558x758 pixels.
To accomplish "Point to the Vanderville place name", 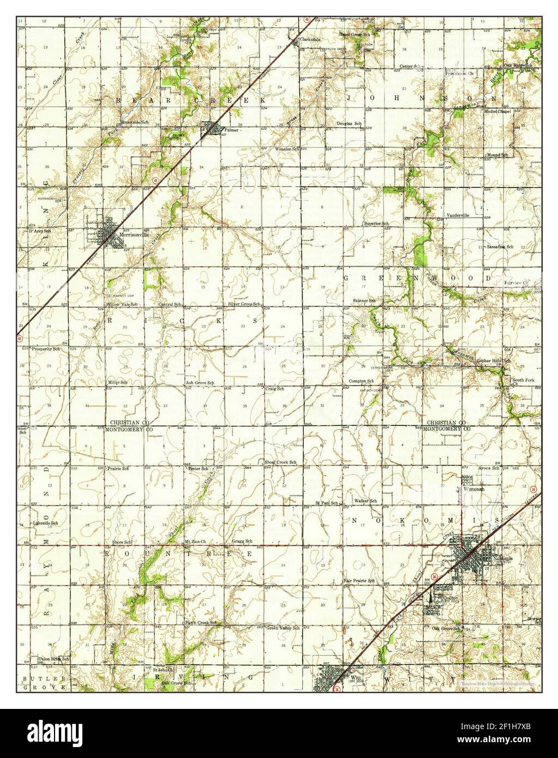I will (458, 215).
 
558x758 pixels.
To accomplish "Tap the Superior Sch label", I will (376, 224).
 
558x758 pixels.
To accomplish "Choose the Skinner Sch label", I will (365, 300).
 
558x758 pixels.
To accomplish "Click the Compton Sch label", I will (361, 381).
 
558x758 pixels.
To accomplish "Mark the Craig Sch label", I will (274, 389).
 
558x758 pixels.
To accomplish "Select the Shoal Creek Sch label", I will (280, 462).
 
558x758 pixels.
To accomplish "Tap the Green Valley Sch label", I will (283, 628).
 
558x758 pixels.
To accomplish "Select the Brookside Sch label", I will (135, 123).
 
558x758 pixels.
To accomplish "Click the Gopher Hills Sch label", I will (493, 361).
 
